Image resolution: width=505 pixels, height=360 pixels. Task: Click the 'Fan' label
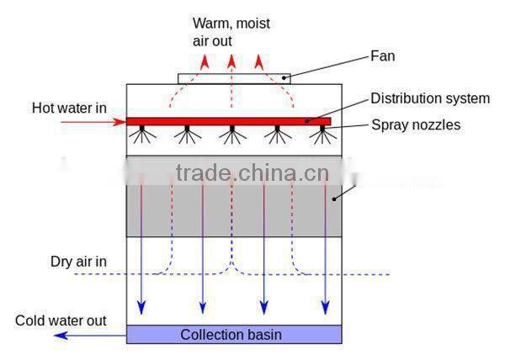point(384,57)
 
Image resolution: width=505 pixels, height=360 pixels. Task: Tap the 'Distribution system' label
point(430,98)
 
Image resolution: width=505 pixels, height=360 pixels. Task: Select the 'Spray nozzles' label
point(415,125)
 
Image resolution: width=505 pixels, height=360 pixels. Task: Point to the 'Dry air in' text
point(79,262)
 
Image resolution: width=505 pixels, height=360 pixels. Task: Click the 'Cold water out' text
point(61,320)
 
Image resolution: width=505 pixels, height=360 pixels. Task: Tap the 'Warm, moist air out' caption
point(230,31)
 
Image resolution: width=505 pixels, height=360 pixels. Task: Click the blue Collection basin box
point(234,335)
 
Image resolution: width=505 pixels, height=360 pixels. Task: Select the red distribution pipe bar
point(228,121)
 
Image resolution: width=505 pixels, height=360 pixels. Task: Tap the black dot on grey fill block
point(334,199)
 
